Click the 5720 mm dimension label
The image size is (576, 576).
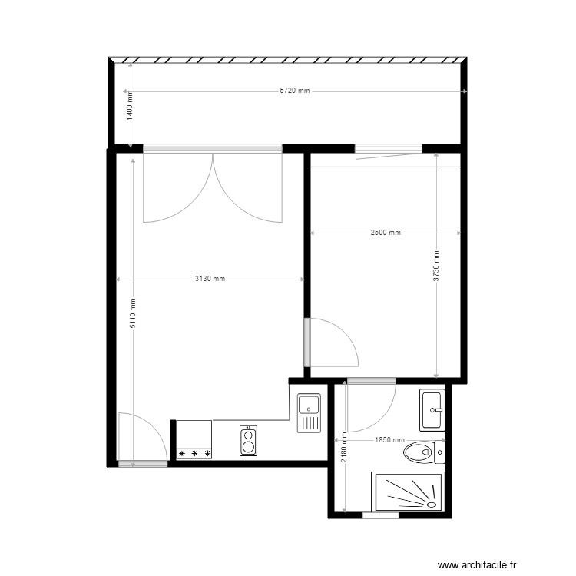pyautogui.click(x=295, y=91)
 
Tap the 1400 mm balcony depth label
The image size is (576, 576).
pyautogui.click(x=130, y=104)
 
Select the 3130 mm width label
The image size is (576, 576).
pyautogui.click(x=209, y=280)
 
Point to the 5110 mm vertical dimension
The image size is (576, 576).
pyautogui.click(x=133, y=313)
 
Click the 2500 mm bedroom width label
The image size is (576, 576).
pyautogui.click(x=386, y=233)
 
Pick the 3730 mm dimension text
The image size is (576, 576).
pyautogui.click(x=436, y=266)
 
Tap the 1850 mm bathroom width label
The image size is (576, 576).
pyautogui.click(x=389, y=440)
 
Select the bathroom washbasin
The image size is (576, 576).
pyautogui.click(x=432, y=410)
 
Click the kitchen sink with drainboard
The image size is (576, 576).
pyautogui.click(x=309, y=413)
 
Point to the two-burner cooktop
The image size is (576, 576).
pyautogui.click(x=248, y=441)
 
